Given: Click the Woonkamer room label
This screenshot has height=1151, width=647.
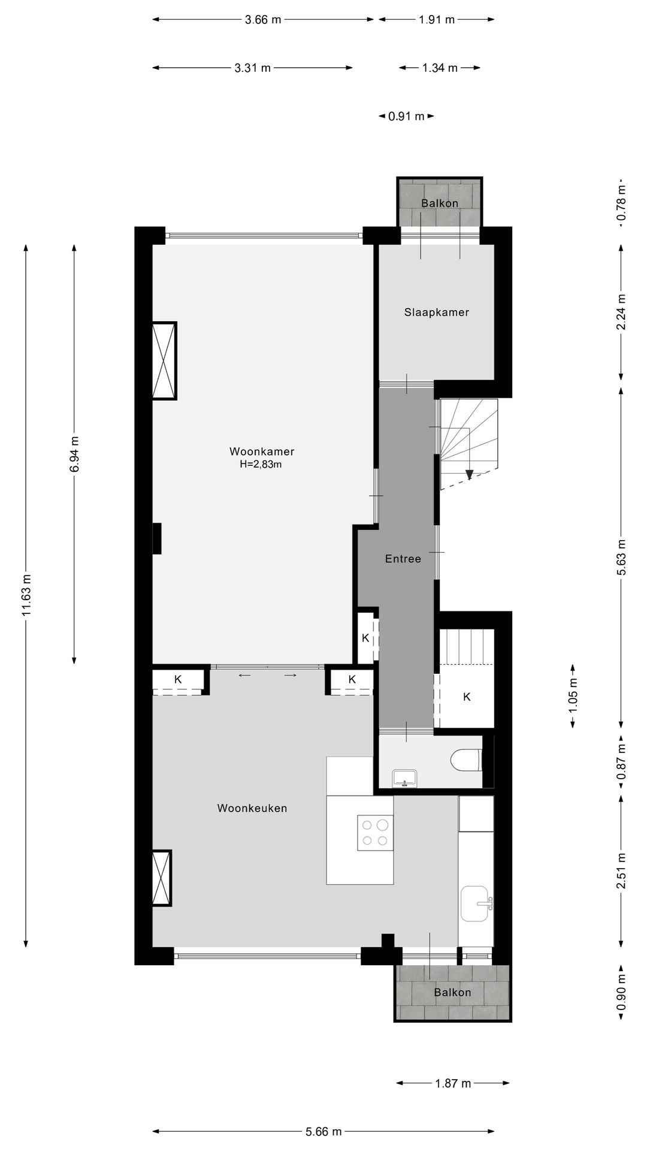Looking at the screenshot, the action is coord(262,451).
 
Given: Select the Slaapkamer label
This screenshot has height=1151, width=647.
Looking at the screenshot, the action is coord(437,312).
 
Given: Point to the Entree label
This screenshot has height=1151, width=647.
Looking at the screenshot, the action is coord(403,559).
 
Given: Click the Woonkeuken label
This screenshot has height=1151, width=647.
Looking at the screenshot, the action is coord(252,808).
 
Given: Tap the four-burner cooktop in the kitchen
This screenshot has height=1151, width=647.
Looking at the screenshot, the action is coord(375,833).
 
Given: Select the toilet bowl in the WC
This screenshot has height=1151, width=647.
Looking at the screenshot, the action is coord(467,761).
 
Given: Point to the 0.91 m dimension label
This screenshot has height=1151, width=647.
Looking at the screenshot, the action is coord(406,116).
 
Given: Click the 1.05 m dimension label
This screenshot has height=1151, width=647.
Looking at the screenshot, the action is coord(573,697).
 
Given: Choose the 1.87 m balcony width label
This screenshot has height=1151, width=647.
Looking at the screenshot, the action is coord(453,1083).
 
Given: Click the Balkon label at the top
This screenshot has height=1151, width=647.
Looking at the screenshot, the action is coord(440,203).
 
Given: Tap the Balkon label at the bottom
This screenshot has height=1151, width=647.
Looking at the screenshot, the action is coord(453,992).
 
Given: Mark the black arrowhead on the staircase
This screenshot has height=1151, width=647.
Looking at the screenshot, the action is coord(470,474).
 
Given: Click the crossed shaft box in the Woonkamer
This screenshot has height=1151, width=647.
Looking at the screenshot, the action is coord(164,361).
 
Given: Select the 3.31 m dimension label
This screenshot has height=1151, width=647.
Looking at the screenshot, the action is coord(253,68).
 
